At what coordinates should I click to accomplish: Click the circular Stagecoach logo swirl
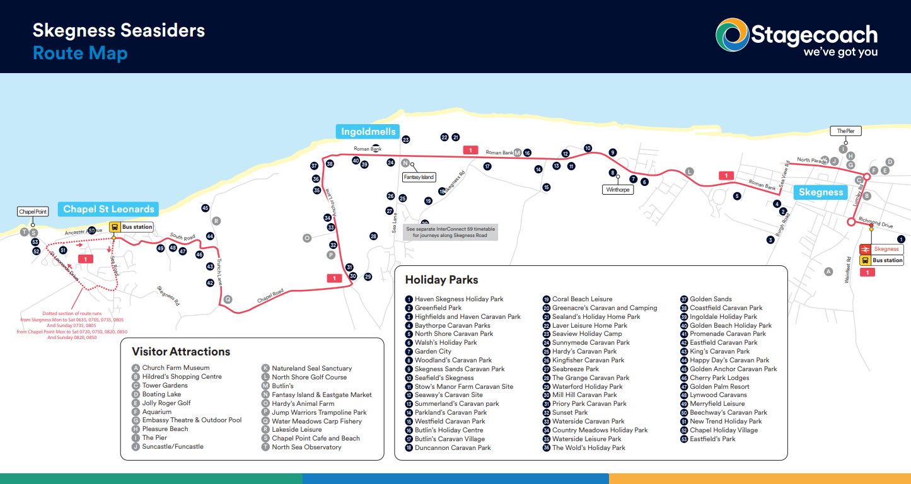731,35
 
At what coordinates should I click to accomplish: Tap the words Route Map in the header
80,53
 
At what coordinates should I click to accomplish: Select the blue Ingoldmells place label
368,132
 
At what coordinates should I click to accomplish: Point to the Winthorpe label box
618,190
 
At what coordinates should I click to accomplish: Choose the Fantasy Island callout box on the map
419,177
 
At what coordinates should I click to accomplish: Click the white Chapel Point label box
33,212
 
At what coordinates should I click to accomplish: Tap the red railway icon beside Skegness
866,250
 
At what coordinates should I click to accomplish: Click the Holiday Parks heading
441,280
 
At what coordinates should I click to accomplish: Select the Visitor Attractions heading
181,352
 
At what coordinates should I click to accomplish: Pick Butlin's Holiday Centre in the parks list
449,430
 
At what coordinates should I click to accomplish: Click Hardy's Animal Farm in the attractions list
303,403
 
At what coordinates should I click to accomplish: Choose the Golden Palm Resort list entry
719,386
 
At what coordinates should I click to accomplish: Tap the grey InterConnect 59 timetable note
450,232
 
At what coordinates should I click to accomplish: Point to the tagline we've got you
840,52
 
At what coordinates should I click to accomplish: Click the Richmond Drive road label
876,224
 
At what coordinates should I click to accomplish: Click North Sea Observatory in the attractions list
306,447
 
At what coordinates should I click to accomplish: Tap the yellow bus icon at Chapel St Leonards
115,227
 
